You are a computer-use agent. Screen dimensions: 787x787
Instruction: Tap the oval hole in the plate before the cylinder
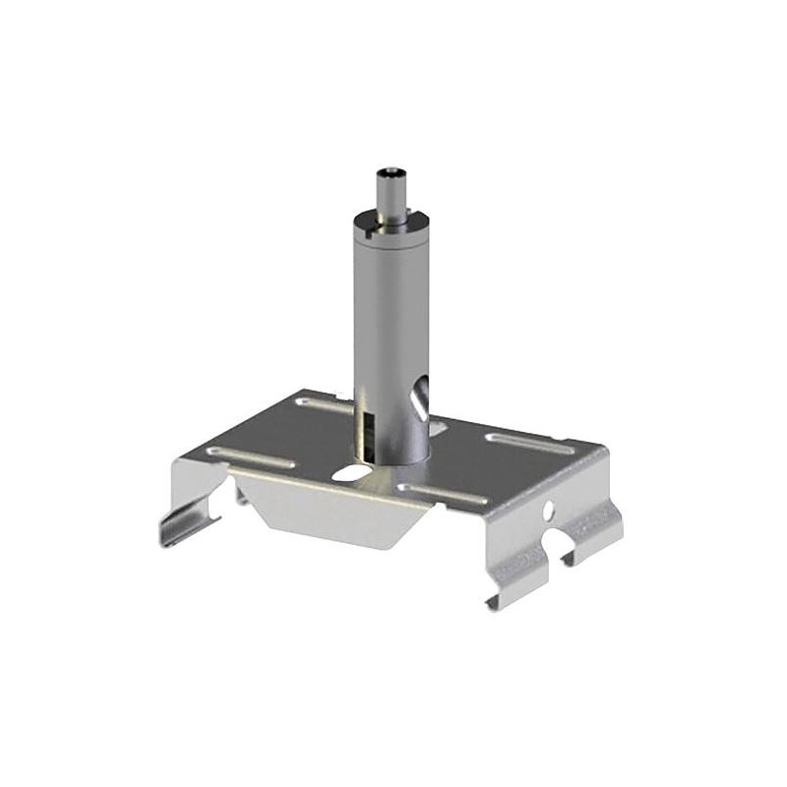click(348, 473)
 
